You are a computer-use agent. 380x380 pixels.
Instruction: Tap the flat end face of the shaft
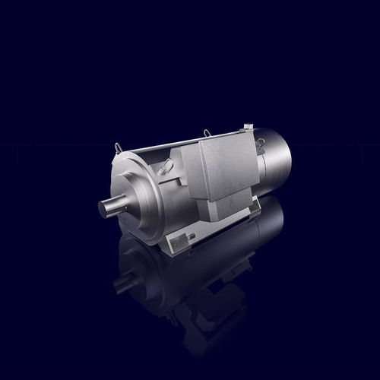click(x=103, y=208)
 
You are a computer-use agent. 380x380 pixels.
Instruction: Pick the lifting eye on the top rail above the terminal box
click(x=206, y=134)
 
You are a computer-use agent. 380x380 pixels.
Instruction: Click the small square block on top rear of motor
click(x=248, y=127)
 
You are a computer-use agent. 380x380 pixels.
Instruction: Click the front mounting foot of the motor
click(x=179, y=242)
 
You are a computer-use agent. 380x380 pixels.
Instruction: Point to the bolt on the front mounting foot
click(x=190, y=236)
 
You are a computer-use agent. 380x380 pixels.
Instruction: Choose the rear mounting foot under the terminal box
click(x=251, y=211)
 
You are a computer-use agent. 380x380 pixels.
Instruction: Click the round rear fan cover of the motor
click(x=275, y=163)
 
